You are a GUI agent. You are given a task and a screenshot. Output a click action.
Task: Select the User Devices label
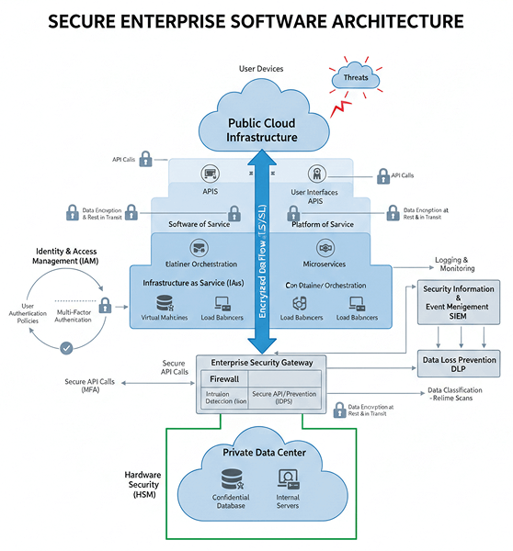pos(261,69)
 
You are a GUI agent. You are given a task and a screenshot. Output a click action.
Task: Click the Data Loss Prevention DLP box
pos(459,361)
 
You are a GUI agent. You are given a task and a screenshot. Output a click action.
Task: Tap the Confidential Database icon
pos(231,479)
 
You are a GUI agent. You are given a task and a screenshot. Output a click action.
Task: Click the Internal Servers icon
pos(289,478)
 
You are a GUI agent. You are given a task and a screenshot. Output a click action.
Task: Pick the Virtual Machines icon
pos(165,304)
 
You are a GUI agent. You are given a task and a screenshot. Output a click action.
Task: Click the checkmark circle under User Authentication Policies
pos(65,348)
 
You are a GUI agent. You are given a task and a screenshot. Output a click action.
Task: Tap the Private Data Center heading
pos(263,453)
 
